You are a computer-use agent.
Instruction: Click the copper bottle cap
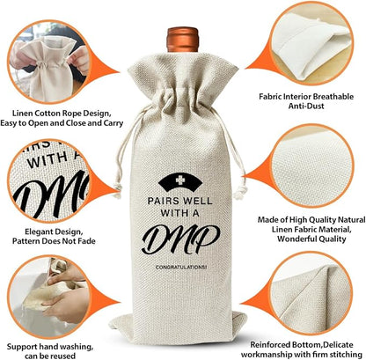pos(183,40)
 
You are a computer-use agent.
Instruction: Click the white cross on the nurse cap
pos(179,179)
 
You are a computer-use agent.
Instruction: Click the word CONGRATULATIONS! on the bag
pos(181,268)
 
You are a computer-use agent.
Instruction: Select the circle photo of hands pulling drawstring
pos(49,62)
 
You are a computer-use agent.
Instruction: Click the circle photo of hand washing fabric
pos(49,297)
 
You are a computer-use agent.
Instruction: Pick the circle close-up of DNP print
pos(49,180)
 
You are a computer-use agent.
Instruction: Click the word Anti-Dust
pos(306,106)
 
